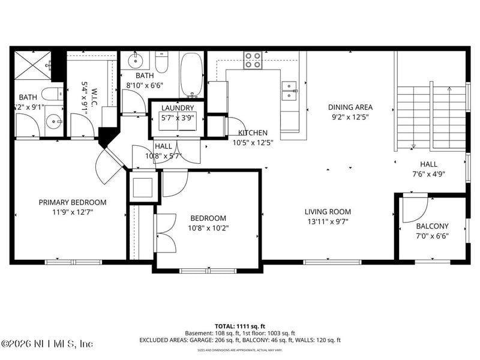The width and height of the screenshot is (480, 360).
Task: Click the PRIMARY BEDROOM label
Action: click(x=73, y=202)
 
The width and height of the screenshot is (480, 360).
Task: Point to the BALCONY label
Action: click(x=432, y=226)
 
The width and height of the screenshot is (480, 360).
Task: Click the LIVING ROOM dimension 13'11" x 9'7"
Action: click(x=328, y=221)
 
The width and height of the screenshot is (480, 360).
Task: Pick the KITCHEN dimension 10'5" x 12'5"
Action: click(x=252, y=142)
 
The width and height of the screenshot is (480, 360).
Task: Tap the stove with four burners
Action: click(x=253, y=60)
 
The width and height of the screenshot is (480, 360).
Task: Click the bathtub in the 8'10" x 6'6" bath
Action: click(x=193, y=75)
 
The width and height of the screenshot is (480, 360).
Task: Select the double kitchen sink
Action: click(x=290, y=89)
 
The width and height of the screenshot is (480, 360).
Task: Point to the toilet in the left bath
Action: click(x=53, y=94)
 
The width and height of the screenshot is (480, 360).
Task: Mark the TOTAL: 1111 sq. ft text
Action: click(x=239, y=326)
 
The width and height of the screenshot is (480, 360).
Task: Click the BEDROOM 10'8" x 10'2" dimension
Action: click(x=208, y=227)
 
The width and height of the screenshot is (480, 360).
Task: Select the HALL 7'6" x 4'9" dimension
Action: click(x=428, y=173)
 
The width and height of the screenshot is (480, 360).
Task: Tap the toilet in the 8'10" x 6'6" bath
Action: click(x=162, y=62)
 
